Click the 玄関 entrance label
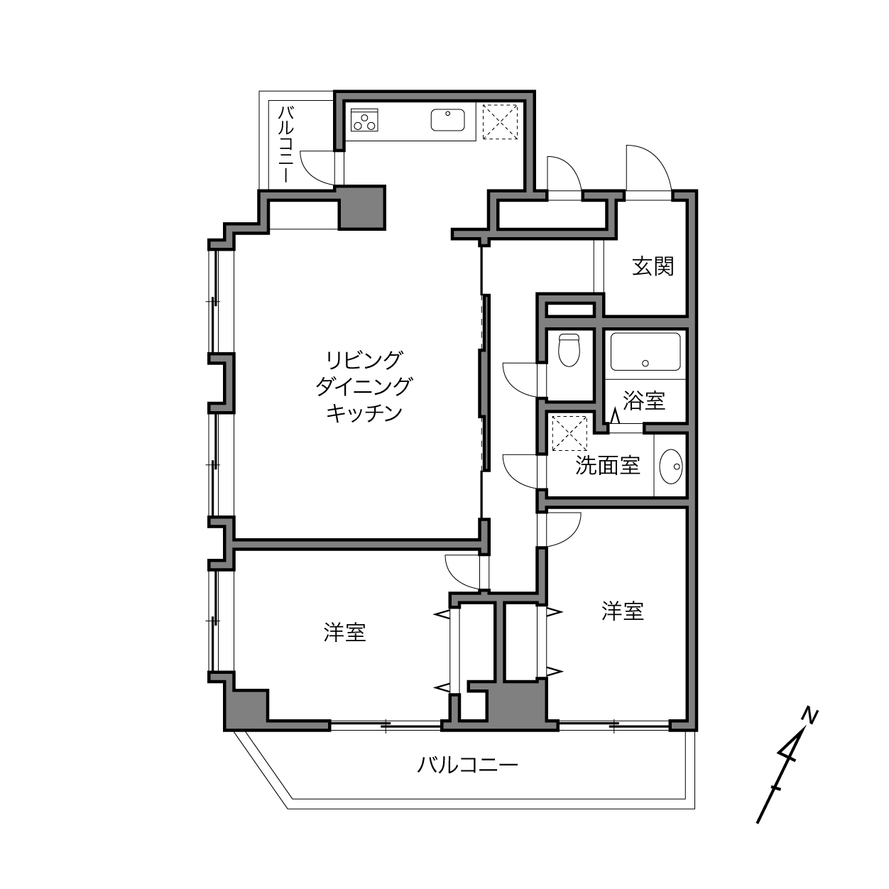[653, 266]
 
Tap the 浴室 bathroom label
[643, 400]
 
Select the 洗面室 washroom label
[608, 466]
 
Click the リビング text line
[364, 360]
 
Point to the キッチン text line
[364, 413]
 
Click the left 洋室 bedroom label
[344, 632]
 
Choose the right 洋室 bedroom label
[622, 611]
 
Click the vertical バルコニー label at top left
[286, 144]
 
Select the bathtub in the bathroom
[645, 351]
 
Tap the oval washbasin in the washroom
[671, 467]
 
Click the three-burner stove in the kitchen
[364, 120]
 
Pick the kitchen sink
[447, 120]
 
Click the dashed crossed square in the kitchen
[500, 122]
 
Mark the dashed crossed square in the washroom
[569, 433]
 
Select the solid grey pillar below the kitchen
[361, 207]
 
